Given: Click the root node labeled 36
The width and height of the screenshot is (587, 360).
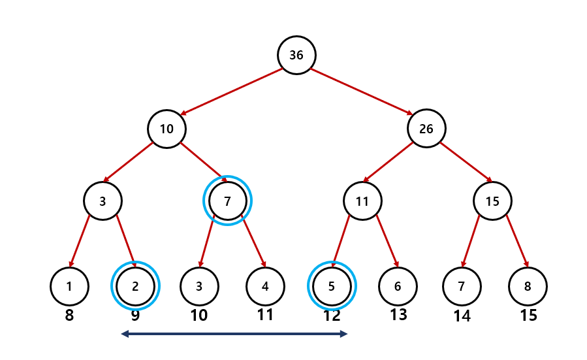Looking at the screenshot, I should click(296, 56).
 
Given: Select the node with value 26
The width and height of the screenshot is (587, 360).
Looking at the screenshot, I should click(426, 129).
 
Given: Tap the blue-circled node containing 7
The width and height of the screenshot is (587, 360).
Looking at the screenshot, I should click(228, 201).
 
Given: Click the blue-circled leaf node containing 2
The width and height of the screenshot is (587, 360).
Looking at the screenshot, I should click(136, 286).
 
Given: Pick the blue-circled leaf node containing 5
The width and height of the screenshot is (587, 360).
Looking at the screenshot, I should click(332, 286).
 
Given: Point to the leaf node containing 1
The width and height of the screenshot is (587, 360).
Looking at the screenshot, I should click(69, 286).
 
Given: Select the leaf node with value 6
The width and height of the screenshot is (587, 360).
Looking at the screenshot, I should click(398, 286).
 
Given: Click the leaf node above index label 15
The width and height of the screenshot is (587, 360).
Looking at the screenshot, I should click(528, 286).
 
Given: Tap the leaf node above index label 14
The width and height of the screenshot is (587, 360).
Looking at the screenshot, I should click(462, 286).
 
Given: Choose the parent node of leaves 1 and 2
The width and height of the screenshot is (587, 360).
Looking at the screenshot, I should click(103, 201).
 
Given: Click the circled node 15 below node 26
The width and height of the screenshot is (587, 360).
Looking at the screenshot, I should click(492, 201).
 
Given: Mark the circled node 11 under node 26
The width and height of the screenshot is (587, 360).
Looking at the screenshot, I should click(362, 201).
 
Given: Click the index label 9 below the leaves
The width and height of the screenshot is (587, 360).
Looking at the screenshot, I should click(135, 316).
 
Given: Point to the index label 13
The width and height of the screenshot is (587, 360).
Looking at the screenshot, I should click(398, 315).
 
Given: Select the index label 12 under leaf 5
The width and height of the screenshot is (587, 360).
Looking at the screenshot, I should click(332, 316).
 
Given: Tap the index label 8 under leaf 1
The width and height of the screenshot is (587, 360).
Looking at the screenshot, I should click(69, 316).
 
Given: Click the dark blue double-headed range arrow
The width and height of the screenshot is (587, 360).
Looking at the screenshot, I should click(234, 335).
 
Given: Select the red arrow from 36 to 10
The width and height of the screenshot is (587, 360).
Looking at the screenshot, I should click(231, 91).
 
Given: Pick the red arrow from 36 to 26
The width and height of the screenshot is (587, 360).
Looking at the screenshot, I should click(361, 91).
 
